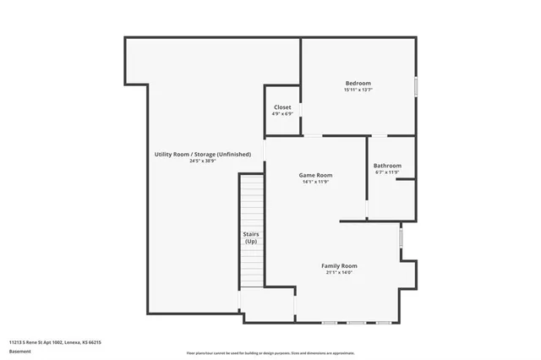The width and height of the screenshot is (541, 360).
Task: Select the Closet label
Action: (282, 107)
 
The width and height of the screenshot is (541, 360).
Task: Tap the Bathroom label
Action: (388, 166)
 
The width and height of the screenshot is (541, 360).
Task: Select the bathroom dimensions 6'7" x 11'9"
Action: (387, 172)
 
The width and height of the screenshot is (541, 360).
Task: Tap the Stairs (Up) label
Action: (251, 237)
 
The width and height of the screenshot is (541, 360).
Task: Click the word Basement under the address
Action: (21, 351)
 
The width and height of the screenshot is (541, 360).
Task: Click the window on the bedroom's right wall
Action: (416, 88)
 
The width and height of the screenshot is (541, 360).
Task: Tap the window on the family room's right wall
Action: (402, 237)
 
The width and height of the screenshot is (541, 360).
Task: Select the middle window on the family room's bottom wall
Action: (356, 323)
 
